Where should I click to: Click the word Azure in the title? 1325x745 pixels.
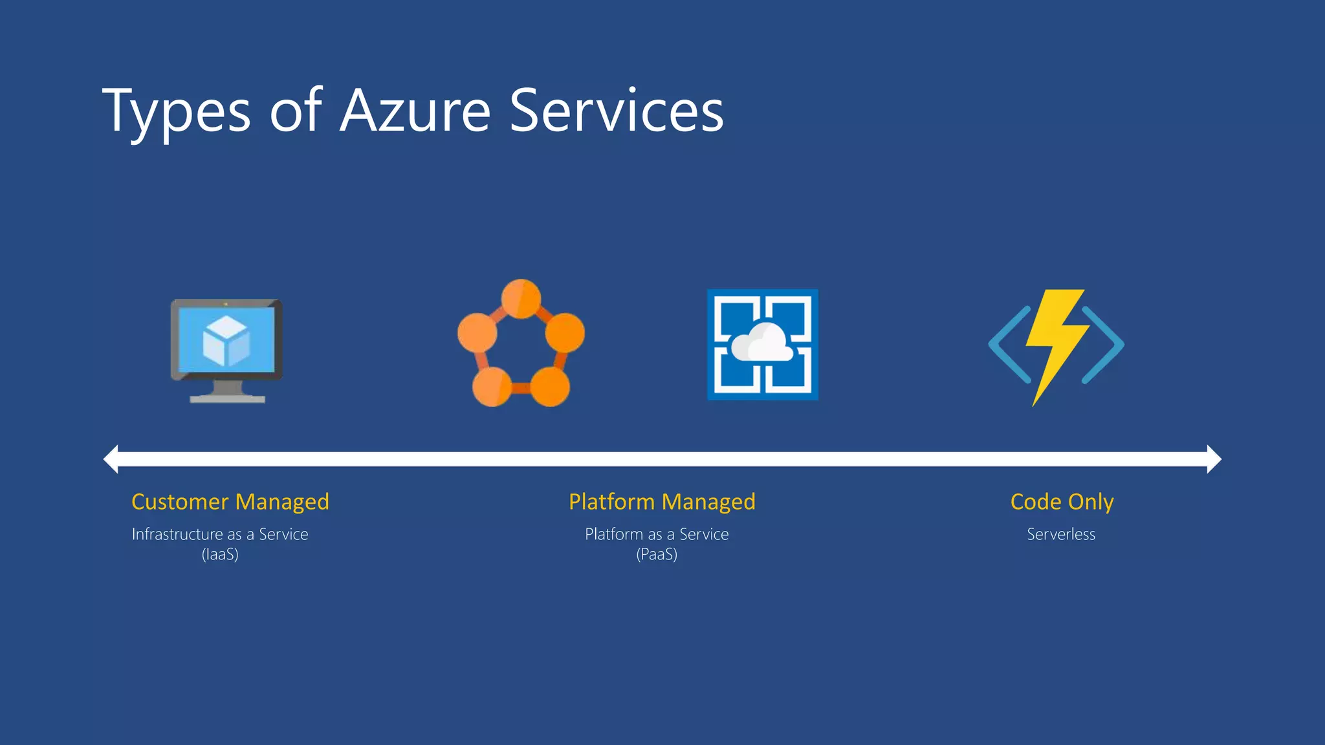(x=415, y=111)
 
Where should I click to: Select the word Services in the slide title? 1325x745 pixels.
(x=617, y=111)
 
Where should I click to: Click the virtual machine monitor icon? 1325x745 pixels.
(x=226, y=350)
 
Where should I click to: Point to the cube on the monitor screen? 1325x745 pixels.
(x=226, y=341)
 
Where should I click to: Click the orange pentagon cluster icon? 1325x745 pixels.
(x=521, y=343)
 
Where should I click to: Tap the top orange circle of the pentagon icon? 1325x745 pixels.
(x=521, y=298)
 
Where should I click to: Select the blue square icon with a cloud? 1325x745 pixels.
(x=763, y=345)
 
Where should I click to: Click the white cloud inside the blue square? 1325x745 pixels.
(x=762, y=343)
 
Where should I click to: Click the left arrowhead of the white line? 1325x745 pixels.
(x=111, y=459)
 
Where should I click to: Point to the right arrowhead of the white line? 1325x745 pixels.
(x=1214, y=459)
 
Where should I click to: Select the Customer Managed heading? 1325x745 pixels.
(x=230, y=502)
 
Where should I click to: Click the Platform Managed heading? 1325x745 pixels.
(x=662, y=502)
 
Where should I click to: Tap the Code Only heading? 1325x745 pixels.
(x=1062, y=502)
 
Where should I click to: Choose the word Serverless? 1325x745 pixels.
(x=1061, y=534)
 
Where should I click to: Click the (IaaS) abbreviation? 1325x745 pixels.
(x=220, y=554)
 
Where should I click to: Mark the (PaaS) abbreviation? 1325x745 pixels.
(x=657, y=554)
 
